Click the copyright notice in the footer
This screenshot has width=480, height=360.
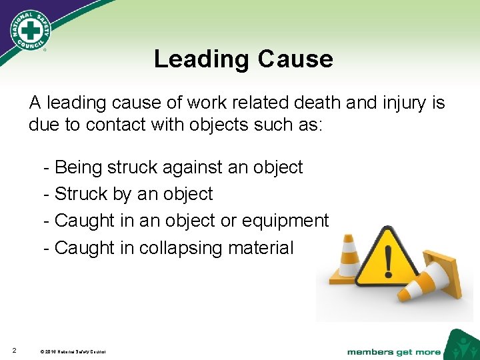tap(73, 351)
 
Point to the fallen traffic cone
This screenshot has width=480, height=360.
tap(440, 275)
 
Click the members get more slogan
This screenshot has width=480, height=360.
tap(394, 351)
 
